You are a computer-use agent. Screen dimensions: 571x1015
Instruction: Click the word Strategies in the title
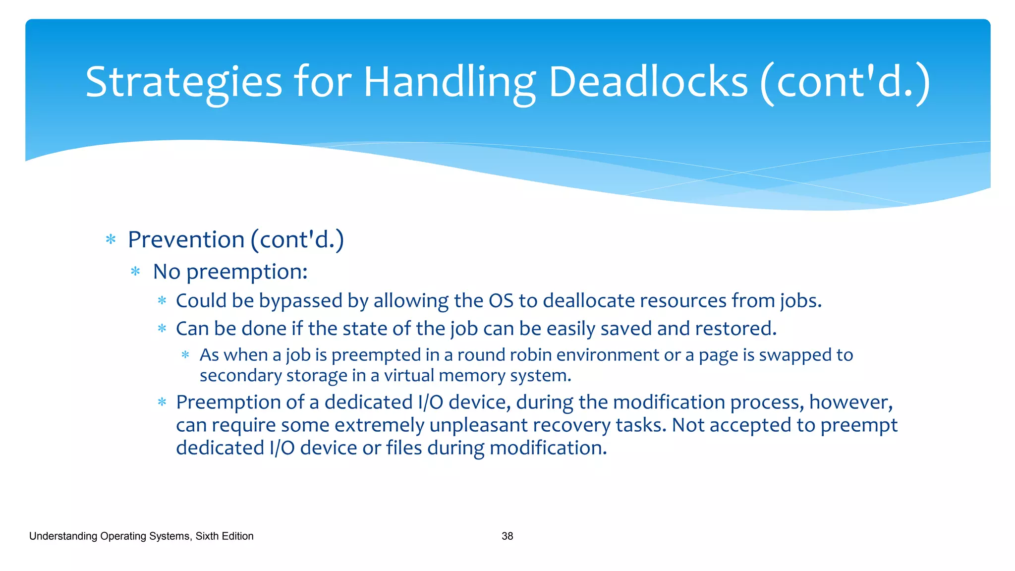(x=183, y=82)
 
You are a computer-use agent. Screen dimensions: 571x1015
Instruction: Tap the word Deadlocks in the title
(x=648, y=82)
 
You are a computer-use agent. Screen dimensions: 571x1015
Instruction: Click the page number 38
(x=507, y=536)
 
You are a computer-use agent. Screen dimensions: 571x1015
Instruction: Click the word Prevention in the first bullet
(x=186, y=240)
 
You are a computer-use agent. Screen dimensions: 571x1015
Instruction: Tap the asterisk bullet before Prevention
(x=111, y=240)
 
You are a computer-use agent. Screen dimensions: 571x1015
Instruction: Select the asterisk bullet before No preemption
(x=135, y=272)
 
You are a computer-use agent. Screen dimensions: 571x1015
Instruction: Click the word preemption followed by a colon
(x=246, y=272)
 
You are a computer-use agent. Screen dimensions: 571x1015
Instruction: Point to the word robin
(x=528, y=355)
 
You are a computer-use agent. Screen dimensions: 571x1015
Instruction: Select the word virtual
(x=408, y=376)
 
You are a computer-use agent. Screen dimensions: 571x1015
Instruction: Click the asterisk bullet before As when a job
(x=185, y=355)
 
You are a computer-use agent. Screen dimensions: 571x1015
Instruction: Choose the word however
(x=850, y=402)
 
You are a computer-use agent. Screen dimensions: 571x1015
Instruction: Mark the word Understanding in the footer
(x=63, y=536)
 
